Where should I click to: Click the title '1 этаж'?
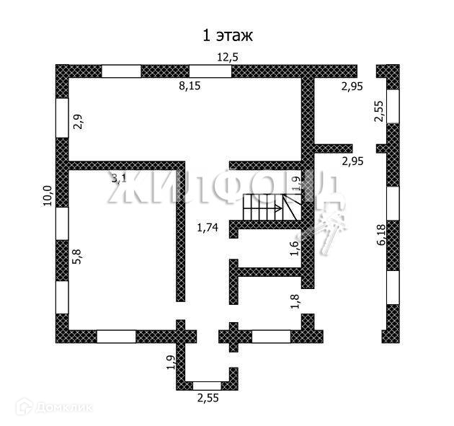click(x=228, y=35)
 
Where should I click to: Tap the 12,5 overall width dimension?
click(x=228, y=58)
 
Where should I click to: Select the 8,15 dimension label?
click(x=190, y=86)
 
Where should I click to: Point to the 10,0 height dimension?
click(x=48, y=195)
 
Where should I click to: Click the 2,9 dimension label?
click(x=79, y=123)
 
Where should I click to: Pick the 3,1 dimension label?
click(x=119, y=178)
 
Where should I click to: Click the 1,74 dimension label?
click(x=208, y=228)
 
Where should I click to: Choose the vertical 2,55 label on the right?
click(x=379, y=112)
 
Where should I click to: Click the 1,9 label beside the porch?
click(x=170, y=363)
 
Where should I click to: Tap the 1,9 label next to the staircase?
click(x=295, y=185)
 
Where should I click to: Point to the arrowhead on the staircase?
click(x=277, y=209)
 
